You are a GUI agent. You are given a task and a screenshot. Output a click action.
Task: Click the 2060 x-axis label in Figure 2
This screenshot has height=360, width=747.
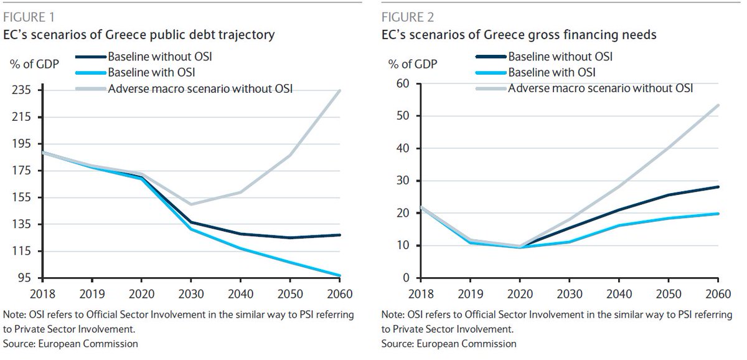(718, 293)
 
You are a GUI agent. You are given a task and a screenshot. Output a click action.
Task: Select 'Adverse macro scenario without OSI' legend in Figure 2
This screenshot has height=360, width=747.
(601, 88)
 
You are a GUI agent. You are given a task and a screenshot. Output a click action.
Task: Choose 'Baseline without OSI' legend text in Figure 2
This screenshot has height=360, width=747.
(560, 57)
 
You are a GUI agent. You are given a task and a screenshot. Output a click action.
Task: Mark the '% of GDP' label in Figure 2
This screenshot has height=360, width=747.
(412, 64)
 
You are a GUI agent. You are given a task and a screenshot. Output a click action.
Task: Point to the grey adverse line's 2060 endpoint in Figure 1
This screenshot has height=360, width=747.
(340, 91)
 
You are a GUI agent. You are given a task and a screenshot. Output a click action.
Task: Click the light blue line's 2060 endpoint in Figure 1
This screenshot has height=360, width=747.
(340, 275)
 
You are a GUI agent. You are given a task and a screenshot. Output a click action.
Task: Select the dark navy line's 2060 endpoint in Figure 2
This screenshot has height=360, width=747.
(718, 187)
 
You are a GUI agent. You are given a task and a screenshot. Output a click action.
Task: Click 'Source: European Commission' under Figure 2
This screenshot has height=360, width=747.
(449, 343)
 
